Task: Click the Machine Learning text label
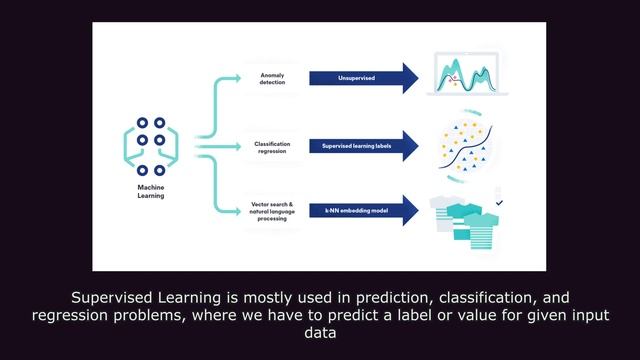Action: pyautogui.click(x=151, y=190)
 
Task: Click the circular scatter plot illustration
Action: pyautogui.click(x=468, y=146)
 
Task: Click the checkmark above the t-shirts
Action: pyautogui.click(x=499, y=203)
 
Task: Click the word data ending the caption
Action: pyautogui.click(x=319, y=334)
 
